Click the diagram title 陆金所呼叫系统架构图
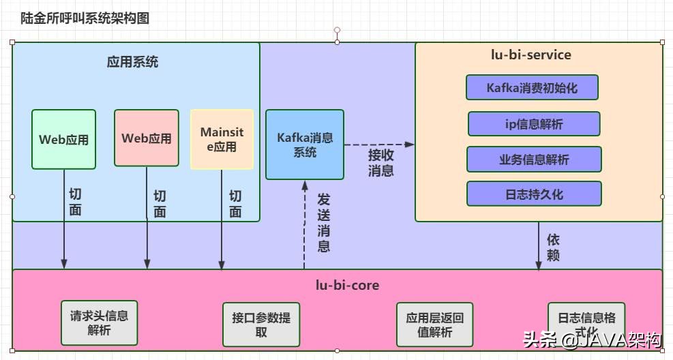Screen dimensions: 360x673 pyautogui.click(x=85, y=18)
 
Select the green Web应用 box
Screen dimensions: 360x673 pyautogui.click(x=63, y=139)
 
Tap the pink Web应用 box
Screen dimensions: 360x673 pyautogui.click(x=147, y=138)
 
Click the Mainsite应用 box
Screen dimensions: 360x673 pyautogui.click(x=222, y=139)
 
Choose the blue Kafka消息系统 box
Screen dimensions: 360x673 pyautogui.click(x=305, y=145)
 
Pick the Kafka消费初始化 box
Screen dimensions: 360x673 pyautogui.click(x=532, y=87)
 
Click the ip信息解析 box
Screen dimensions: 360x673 pyautogui.click(x=534, y=124)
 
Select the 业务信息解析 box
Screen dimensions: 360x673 pyautogui.click(x=534, y=159)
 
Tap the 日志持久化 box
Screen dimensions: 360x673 pyautogui.click(x=534, y=194)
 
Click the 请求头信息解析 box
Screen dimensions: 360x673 pyautogui.click(x=99, y=322)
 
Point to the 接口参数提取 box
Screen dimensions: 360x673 pyautogui.click(x=261, y=324)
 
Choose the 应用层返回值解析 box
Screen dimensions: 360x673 pyautogui.click(x=434, y=325)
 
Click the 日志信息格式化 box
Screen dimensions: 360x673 pyautogui.click(x=586, y=323)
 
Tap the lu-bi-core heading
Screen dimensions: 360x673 pyautogui.click(x=337, y=284)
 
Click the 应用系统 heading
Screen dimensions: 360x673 pyautogui.click(x=132, y=61)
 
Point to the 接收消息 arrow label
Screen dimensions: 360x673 pyautogui.click(x=380, y=162)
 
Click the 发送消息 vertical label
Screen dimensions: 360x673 pyautogui.click(x=324, y=222)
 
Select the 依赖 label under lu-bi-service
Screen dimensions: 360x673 pyautogui.click(x=553, y=247)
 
